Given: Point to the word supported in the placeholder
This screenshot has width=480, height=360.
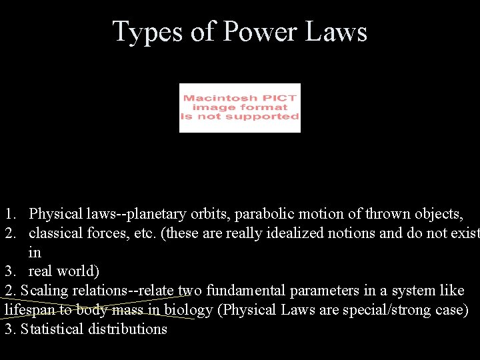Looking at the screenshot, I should [266, 117].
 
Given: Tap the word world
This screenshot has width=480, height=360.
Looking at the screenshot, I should [78, 272].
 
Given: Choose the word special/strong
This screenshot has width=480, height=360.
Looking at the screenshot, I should [385, 311].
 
